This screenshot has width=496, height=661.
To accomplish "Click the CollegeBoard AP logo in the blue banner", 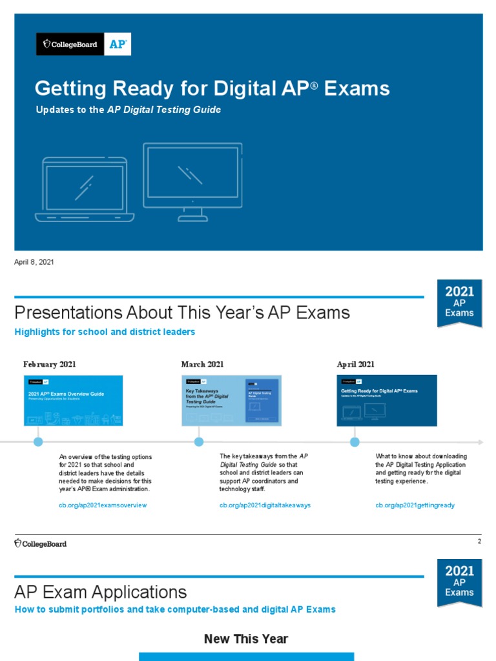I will [x=83, y=45].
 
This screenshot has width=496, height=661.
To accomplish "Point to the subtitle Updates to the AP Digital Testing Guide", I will [x=128, y=110].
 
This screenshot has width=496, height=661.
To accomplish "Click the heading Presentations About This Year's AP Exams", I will [x=182, y=313].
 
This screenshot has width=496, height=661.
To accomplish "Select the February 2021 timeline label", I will [x=50, y=364].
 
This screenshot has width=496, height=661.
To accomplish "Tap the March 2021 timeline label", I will [x=202, y=364].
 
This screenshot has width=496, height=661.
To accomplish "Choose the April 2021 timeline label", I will [x=355, y=364].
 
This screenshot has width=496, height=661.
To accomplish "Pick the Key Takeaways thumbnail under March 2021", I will [x=231, y=400].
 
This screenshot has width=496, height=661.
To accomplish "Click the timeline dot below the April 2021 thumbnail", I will [x=355, y=442].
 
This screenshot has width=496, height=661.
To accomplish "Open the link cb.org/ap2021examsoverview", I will [x=103, y=505].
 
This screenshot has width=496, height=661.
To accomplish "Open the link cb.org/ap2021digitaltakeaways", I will [x=265, y=505].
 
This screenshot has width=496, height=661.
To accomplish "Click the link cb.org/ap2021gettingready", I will [x=415, y=505].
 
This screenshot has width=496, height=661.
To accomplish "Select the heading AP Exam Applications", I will [x=101, y=592].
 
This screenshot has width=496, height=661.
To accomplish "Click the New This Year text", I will [x=246, y=639].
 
